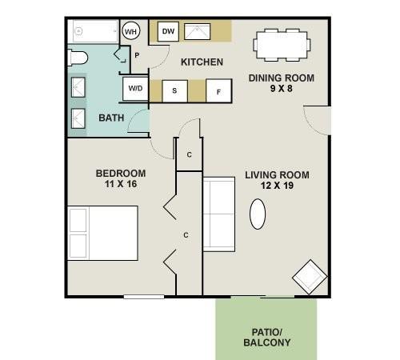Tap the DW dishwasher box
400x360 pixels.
coord(168,31)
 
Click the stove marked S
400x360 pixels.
coord(174,90)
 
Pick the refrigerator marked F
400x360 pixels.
coord(218,90)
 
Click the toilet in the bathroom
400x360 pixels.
coord(78,57)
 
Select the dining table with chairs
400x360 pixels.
coord(280,45)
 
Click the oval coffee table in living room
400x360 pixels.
coord(258,214)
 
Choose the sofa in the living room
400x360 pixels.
coord(218,214)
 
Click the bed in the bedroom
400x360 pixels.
coord(102,233)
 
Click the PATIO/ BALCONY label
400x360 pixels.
coord(266,337)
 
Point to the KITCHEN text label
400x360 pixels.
coord(202,62)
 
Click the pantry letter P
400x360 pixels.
coord(137,55)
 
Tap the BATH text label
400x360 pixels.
coord(110,118)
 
